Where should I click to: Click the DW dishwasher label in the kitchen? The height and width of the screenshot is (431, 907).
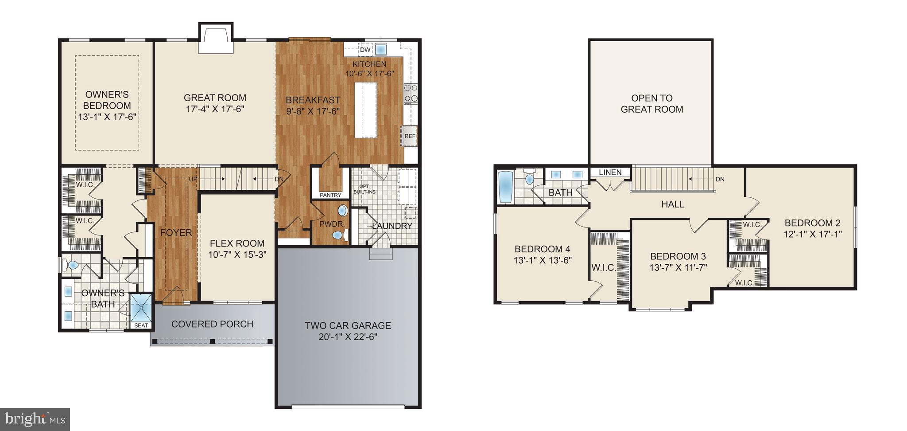(364, 50)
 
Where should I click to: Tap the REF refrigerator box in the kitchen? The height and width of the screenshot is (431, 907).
(410, 136)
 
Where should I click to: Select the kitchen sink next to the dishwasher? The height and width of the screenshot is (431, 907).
(381, 49)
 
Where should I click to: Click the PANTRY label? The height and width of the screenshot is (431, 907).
(330, 195)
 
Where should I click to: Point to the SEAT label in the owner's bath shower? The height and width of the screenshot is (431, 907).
(141, 325)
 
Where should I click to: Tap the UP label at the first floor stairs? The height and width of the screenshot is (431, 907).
(193, 179)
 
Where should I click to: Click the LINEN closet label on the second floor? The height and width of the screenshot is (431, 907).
(610, 172)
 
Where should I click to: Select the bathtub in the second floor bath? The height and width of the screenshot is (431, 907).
(505, 187)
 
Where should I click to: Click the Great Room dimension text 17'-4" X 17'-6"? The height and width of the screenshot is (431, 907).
(215, 109)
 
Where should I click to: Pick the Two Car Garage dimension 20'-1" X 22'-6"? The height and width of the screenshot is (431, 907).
(348, 337)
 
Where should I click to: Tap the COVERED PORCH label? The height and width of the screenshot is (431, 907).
(212, 324)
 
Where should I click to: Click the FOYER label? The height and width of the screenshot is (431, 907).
(176, 233)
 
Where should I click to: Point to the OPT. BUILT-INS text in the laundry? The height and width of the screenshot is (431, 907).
(364, 189)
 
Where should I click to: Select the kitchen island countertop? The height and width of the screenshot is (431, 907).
(366, 110)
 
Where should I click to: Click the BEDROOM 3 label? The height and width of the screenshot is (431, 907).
(678, 256)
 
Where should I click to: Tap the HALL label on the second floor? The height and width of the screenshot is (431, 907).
(673, 204)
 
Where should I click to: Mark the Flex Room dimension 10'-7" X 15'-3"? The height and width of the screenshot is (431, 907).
(237, 255)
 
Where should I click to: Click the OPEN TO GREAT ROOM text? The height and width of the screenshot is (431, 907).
(651, 104)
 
